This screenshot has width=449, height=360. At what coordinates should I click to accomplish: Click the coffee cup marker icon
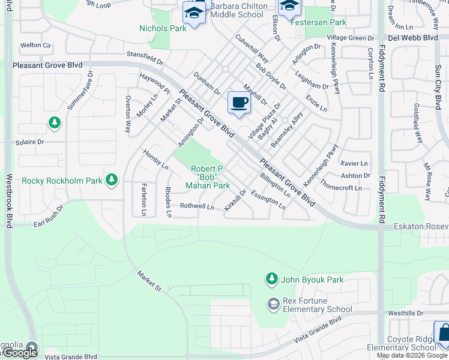pyautogui.click(x=239, y=103)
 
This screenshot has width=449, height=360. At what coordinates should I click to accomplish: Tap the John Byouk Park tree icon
pyautogui.click(x=272, y=279)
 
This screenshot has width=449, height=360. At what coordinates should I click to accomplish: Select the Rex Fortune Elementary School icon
pyautogui.click(x=274, y=304)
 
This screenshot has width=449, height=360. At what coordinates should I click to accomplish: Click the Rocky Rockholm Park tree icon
pyautogui.click(x=111, y=179)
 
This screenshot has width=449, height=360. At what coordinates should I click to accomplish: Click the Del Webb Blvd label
pyautogui.click(x=413, y=38)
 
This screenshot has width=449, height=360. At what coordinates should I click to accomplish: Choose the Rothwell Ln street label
pyautogui.click(x=197, y=206)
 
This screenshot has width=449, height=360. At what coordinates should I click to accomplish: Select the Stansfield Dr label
pyautogui.click(x=145, y=58)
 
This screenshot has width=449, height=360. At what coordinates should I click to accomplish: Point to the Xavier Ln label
pyautogui.click(x=354, y=163)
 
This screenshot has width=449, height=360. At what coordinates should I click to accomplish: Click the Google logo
pyautogui.click(x=20, y=353)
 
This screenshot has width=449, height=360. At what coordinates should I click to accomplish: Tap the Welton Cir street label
pyautogui.click(x=36, y=45)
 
